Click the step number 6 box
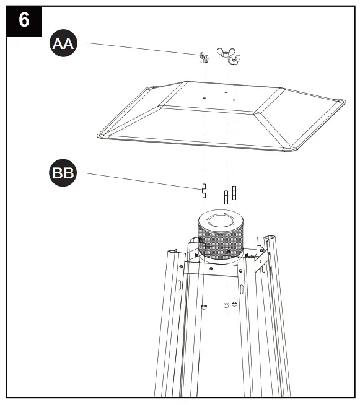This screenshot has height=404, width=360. pyautogui.click(x=24, y=20)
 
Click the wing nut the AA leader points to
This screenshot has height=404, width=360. pyautogui.click(x=203, y=58)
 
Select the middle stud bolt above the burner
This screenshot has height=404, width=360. pyautogui.click(x=226, y=198)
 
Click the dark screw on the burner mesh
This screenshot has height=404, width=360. pyautogui.click(x=229, y=252)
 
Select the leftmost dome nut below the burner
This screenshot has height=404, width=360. pyautogui.click(x=203, y=305)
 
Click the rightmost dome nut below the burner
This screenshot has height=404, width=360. pyautogui.click(x=234, y=303)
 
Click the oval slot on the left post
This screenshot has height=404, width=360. pyautogui.click(x=179, y=286)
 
